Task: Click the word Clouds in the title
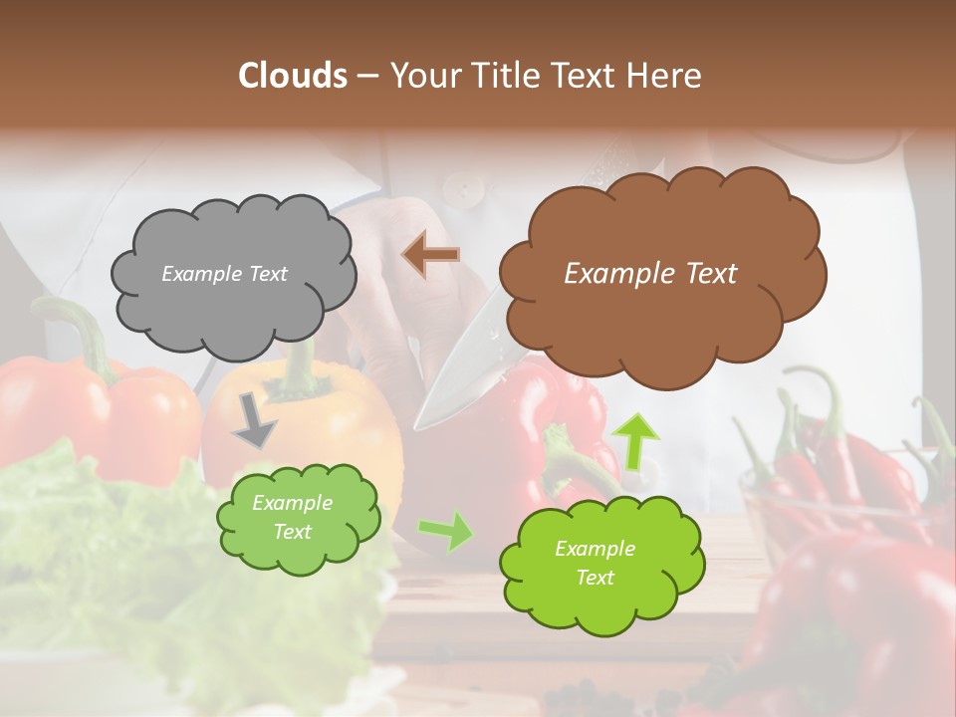coord(293,76)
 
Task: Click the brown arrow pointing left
coord(431,254)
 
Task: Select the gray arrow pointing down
coord(254,419)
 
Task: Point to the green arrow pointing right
coord(445,531)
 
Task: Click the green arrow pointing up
coord(635,441)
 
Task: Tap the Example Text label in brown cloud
coord(650,274)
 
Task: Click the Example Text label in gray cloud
coord(224,274)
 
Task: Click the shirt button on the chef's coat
coord(459,185)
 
